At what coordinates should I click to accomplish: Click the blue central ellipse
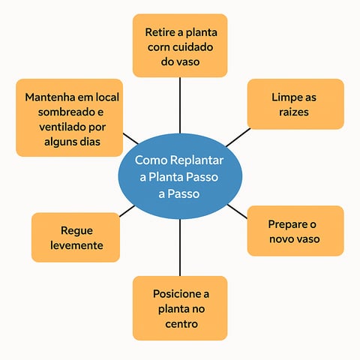180,176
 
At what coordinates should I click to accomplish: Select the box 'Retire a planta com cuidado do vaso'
180,46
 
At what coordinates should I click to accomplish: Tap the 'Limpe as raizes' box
295,104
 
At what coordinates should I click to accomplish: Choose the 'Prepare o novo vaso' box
295,231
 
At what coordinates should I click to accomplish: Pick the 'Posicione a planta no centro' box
180,308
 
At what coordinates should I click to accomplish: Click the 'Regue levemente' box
76,238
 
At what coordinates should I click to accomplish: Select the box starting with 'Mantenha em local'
69,118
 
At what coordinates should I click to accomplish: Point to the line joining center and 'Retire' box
180,105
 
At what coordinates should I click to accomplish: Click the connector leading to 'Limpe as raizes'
238,137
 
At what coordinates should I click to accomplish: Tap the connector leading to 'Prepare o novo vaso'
237,211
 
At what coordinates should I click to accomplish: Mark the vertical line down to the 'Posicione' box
180,247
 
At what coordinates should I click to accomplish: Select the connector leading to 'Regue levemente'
127,211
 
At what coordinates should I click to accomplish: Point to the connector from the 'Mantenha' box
130,139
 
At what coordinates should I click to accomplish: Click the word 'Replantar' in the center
196,160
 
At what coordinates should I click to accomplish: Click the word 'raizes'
294,112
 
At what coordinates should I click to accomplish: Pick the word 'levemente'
76,245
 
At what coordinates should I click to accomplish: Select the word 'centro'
181,324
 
